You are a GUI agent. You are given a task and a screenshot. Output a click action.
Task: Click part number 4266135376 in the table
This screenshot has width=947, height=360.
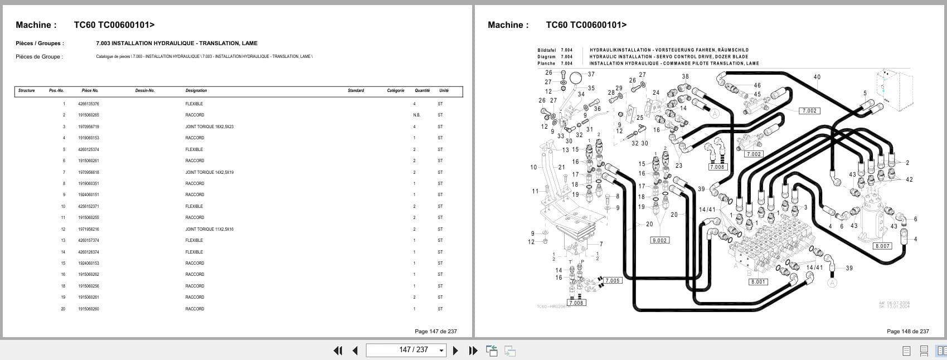click(x=89, y=104)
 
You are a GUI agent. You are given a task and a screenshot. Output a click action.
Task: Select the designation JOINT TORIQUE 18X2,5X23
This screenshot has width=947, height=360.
click(x=209, y=127)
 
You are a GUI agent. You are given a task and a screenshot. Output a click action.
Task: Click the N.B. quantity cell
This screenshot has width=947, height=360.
click(x=416, y=115)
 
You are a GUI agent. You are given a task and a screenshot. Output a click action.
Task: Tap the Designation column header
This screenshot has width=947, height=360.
click(x=196, y=90)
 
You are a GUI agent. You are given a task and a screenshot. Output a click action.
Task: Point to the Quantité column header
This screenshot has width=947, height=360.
click(x=422, y=90)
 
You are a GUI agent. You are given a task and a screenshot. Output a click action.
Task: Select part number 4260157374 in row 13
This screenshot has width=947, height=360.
click(x=89, y=240)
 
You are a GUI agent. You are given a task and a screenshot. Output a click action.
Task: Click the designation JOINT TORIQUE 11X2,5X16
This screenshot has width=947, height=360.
click(x=209, y=229)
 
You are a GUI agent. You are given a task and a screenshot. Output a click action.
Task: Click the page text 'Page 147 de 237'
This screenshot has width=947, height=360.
click(x=435, y=331)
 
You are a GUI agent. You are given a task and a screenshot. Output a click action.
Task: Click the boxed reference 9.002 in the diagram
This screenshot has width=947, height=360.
click(x=659, y=240)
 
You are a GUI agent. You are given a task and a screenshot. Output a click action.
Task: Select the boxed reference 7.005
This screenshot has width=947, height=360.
click(x=612, y=280)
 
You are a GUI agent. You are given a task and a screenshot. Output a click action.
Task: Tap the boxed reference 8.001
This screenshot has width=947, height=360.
click(x=758, y=281)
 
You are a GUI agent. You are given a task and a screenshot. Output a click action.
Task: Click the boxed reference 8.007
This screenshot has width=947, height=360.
click(x=882, y=246)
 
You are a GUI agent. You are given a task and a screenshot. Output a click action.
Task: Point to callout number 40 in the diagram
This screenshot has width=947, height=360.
click(x=817, y=77)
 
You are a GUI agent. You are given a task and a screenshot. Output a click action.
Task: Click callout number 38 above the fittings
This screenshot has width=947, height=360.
click(x=685, y=76)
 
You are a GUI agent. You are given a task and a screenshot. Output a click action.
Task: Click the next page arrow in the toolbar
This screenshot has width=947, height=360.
click(x=455, y=350)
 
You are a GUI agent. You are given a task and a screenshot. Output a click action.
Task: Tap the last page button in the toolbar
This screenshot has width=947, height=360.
click(x=473, y=350)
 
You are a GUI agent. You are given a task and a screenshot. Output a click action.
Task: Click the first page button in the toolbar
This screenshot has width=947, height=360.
click(x=337, y=350)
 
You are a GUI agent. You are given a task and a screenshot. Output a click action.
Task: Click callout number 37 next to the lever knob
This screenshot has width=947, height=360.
click(x=591, y=74)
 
